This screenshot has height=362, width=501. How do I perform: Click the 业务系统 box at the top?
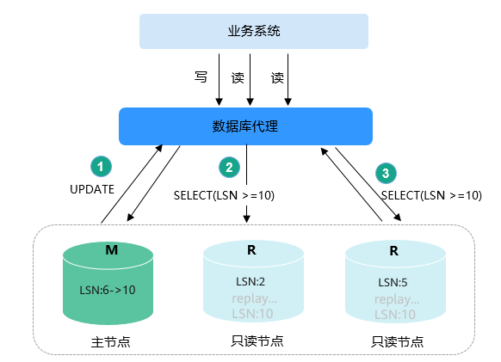pyautogui.click(x=254, y=31)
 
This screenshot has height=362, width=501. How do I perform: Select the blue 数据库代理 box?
pyautogui.click(x=245, y=126)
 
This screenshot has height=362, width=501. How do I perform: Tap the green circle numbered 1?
pyautogui.click(x=101, y=166)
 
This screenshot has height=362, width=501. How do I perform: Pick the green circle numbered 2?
pyautogui.click(x=230, y=168)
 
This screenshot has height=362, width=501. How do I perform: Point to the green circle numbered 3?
pyautogui.click(x=386, y=173)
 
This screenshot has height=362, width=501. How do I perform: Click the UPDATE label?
pyautogui.click(x=92, y=189)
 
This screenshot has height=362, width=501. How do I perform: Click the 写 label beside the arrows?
pyautogui.click(x=201, y=77)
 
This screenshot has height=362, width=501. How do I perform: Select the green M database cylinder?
pyautogui.click(x=108, y=283)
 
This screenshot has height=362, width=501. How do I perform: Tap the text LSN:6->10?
pyautogui.click(x=108, y=290)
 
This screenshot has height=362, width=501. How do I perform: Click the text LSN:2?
pyautogui.click(x=251, y=281)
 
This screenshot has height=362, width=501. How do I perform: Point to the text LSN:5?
pyautogui.click(x=393, y=283)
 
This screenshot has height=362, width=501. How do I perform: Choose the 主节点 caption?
pyautogui.click(x=110, y=342)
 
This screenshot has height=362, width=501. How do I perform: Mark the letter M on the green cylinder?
pyautogui.click(x=112, y=249)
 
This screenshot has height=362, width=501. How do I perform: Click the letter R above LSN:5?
pyautogui.click(x=394, y=251)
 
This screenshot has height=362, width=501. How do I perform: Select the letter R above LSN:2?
pyautogui.click(x=251, y=250)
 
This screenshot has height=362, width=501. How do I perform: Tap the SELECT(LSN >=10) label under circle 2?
pyautogui.click(x=224, y=195)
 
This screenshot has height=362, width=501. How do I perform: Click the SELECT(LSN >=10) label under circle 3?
pyautogui.click(x=431, y=195)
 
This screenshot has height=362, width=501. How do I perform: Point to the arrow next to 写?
pyautogui.click(x=219, y=79)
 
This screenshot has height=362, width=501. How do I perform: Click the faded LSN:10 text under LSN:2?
pyautogui.click(x=252, y=314)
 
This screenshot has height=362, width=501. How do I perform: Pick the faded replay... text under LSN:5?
pyautogui.click(x=397, y=299)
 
